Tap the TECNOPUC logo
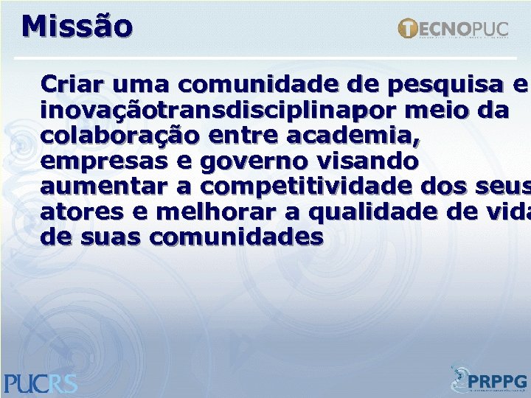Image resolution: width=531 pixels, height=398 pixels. pos(453,29)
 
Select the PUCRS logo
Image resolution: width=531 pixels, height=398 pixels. pos(40,383)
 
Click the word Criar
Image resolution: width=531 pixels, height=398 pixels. pos(68,83)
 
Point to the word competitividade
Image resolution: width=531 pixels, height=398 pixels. pos(321,186)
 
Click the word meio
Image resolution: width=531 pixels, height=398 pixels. pos(428,111)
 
